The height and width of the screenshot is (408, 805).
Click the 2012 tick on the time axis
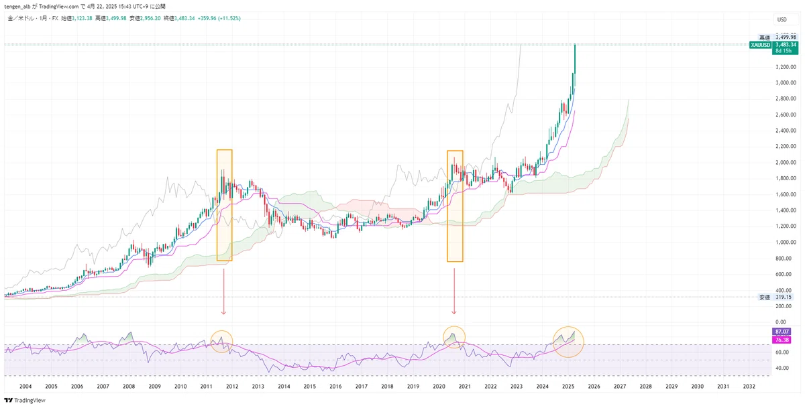[x=232, y=387]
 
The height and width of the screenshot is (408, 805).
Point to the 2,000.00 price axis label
[x=785, y=163]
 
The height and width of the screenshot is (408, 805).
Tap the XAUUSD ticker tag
[x=761, y=44]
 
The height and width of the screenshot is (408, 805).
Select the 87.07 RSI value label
[x=782, y=332]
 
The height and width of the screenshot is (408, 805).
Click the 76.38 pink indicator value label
[x=782, y=340]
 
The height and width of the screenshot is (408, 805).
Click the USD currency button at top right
[x=782, y=19]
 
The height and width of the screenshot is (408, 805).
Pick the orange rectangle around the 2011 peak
[x=224, y=204]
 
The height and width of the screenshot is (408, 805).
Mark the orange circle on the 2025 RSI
[x=568, y=341]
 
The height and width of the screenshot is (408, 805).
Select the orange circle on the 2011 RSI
[x=221, y=341]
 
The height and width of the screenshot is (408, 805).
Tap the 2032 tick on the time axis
[x=749, y=387]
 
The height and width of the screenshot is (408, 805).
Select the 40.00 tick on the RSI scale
[x=782, y=368]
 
